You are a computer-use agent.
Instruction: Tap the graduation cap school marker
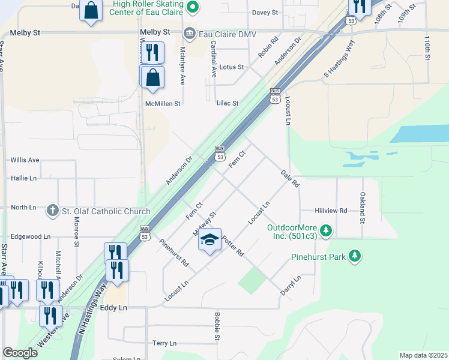[209, 240]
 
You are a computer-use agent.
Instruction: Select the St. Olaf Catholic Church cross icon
[53, 211]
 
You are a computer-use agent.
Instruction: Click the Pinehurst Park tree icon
[355, 257]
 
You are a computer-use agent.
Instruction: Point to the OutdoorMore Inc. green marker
[326, 229]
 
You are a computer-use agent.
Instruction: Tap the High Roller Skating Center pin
[193, 7]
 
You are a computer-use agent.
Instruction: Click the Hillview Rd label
[331, 211]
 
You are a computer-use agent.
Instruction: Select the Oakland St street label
[362, 208]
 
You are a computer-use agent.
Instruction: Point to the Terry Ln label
[164, 343]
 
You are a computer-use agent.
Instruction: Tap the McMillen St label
[163, 104]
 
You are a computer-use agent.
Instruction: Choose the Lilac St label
[228, 103]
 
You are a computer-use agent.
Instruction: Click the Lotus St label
[232, 67]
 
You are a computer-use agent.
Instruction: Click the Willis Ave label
[25, 160]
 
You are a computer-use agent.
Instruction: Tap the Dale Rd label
[290, 179]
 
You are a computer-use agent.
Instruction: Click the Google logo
[20, 353]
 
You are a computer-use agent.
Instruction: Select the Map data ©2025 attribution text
[423, 355]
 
